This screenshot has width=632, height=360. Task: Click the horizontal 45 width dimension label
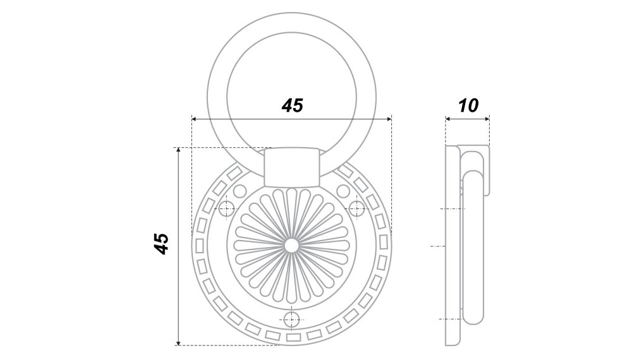[x=292, y=105]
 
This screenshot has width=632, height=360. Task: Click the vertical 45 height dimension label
[x=162, y=243]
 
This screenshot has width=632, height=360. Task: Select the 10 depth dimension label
[x=468, y=105]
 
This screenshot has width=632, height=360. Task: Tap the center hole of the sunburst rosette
[x=291, y=245]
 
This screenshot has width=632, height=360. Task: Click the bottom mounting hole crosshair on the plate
[x=291, y=320]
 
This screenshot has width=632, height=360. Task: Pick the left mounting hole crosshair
[x=226, y=208]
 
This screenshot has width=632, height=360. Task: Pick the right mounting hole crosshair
[x=356, y=208]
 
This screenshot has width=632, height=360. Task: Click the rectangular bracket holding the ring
[x=291, y=167]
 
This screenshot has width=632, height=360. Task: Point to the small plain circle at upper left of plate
[x=240, y=191]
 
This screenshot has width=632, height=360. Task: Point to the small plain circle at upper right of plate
[x=343, y=191]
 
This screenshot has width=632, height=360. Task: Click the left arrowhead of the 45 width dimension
[x=194, y=119]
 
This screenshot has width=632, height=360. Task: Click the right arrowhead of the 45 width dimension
[x=389, y=119]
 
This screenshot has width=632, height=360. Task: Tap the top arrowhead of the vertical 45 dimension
[x=178, y=150]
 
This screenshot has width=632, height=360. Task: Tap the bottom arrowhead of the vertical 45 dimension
[x=178, y=343]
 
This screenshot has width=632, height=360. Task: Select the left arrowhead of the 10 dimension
[x=447, y=118]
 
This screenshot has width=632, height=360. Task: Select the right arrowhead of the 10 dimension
[x=487, y=118]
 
